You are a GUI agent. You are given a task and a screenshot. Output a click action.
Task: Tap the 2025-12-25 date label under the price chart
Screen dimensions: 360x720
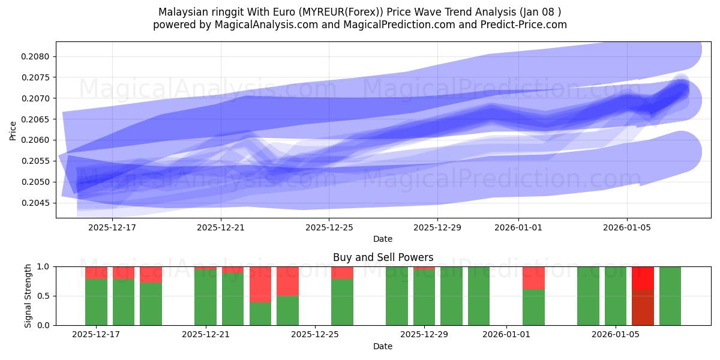[329, 227]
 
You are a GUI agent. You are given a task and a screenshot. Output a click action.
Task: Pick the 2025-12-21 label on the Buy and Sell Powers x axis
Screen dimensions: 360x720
[206, 335]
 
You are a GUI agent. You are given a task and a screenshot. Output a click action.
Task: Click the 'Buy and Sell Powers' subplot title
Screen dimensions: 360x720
[383, 257]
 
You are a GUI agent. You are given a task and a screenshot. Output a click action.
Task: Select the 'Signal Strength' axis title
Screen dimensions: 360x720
[28, 296]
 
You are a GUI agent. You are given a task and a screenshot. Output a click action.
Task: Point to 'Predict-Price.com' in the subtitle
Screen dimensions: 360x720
[526, 25]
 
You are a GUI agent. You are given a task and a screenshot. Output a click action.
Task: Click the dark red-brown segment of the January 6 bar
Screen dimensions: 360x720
[643, 307]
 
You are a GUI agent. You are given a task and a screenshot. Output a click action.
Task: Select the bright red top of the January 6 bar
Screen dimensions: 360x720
[643, 278]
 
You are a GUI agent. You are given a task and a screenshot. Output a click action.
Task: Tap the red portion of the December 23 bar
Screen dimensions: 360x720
[260, 284]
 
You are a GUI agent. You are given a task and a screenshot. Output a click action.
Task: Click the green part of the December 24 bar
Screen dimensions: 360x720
[287, 310]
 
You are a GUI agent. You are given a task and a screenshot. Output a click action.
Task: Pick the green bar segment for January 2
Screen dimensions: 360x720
[533, 307]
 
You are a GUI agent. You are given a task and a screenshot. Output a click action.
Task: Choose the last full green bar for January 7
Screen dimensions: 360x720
[670, 296]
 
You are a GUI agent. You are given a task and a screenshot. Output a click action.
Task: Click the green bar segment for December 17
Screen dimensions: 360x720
[96, 302]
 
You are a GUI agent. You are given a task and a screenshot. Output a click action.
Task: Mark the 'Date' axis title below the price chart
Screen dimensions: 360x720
[383, 239]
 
